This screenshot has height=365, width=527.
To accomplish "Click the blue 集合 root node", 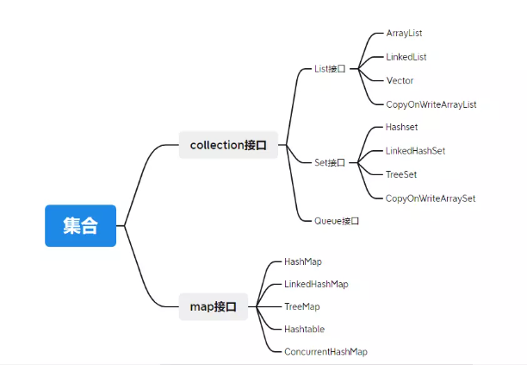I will click(x=80, y=226).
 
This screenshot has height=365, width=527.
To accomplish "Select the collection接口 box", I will click(x=228, y=145).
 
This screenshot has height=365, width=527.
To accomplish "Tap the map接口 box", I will click(x=214, y=306).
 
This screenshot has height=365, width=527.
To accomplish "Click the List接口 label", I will click(x=330, y=69).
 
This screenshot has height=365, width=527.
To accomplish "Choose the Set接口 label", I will click(x=330, y=162).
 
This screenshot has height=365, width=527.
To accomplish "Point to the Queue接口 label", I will click(x=336, y=221).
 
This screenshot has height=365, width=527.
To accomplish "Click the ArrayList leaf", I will click(x=404, y=33).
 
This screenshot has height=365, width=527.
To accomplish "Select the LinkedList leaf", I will click(x=406, y=57).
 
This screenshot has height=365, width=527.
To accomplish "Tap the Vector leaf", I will click(x=400, y=80).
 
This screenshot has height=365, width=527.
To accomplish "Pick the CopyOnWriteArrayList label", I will click(x=431, y=104).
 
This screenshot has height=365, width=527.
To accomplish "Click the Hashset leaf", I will click(x=401, y=127).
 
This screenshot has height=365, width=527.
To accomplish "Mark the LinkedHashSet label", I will click(x=415, y=151).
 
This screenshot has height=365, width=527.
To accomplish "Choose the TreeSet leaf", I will click(x=401, y=174).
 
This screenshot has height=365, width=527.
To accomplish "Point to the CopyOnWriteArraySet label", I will click(x=431, y=198).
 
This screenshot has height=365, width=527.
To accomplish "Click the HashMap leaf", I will click(x=303, y=261).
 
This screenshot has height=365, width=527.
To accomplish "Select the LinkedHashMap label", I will click(x=316, y=284).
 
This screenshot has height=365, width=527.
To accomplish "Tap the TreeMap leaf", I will click(x=302, y=306).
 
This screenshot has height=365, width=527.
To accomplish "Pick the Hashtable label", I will click(x=304, y=329).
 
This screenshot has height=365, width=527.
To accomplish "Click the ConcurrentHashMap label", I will click(x=325, y=352).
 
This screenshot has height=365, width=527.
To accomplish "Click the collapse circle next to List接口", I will click(x=353, y=69).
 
